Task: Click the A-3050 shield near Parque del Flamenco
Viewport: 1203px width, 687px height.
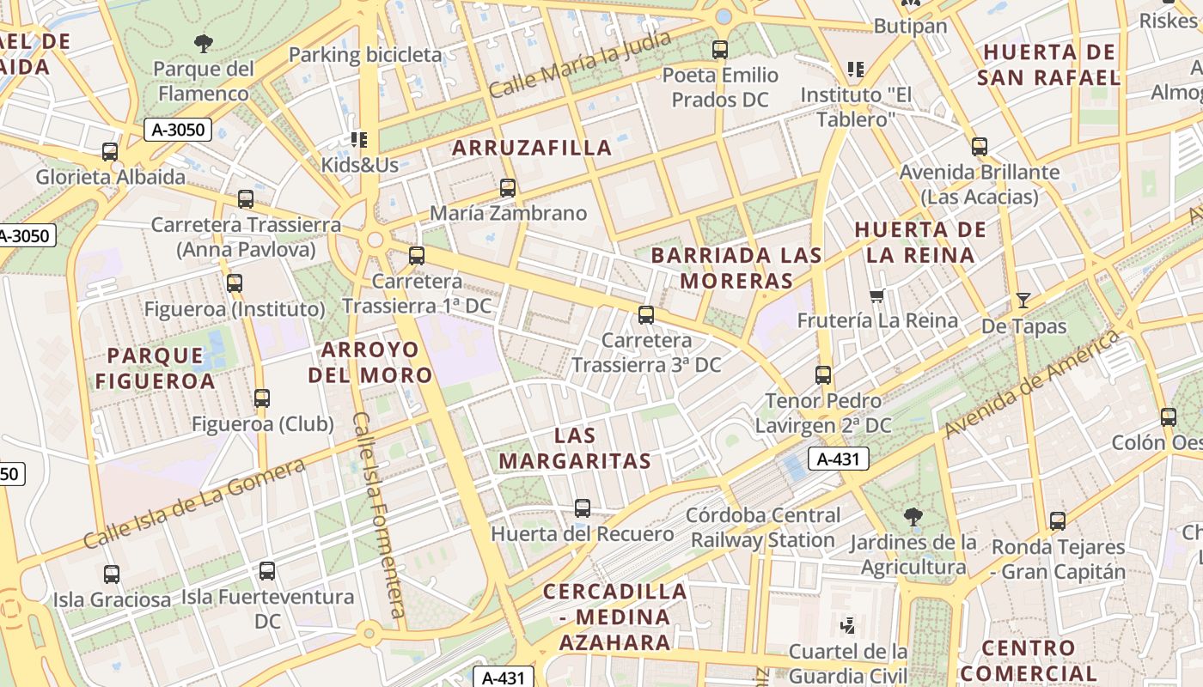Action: (x=178, y=130)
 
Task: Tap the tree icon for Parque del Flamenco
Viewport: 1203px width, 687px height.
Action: (x=204, y=42)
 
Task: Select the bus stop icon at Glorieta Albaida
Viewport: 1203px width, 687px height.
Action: (x=110, y=152)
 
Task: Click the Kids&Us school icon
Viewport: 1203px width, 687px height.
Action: (x=358, y=139)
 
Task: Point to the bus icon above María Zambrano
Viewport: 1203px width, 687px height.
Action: (x=508, y=188)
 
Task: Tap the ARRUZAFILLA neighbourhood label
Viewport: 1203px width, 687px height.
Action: (x=532, y=148)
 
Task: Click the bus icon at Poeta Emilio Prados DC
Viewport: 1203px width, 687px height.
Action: (x=720, y=50)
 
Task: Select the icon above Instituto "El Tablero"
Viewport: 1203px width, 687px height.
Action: (x=855, y=69)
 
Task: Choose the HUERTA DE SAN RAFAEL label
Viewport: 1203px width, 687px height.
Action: (x=1048, y=64)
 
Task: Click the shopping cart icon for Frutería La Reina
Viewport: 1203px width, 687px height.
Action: (x=876, y=296)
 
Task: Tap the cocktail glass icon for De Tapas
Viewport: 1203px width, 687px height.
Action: (x=1023, y=301)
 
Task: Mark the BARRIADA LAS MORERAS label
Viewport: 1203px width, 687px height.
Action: (x=736, y=268)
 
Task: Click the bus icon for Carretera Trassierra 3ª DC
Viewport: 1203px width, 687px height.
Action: (x=646, y=315)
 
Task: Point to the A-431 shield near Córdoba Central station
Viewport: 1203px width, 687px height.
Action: (x=838, y=459)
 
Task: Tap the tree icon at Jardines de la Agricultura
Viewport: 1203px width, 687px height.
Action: (x=913, y=516)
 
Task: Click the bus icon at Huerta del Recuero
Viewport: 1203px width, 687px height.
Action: (x=583, y=508)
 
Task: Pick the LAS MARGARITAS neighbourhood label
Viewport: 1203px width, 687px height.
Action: (x=575, y=448)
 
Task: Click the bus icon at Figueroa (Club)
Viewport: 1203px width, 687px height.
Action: (x=262, y=398)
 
